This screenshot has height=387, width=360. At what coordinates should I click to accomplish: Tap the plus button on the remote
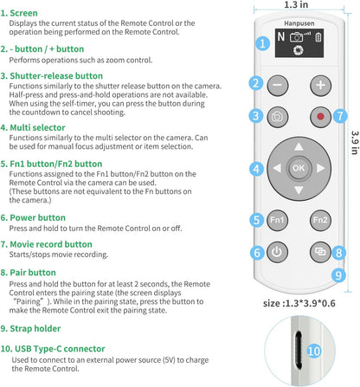point(320,85)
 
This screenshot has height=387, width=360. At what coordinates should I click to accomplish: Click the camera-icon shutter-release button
point(278,116)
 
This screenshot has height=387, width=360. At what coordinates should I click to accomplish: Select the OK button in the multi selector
point(299,167)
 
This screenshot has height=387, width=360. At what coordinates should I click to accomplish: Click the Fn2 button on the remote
point(320,220)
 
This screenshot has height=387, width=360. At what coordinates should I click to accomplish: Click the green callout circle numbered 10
point(313,351)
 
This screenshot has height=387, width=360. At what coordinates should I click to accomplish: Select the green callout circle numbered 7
point(339,115)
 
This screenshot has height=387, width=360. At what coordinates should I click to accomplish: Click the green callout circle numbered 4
point(255,168)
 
